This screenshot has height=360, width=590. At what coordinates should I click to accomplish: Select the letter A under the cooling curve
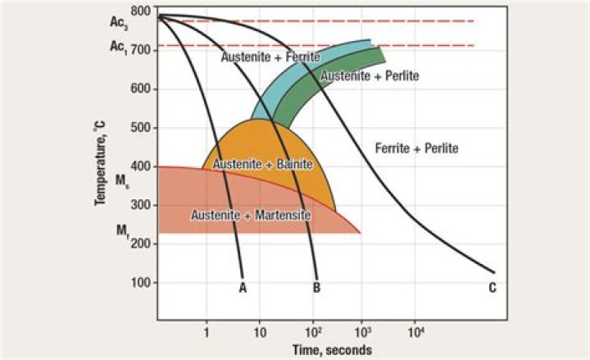pyautogui.click(x=243, y=287)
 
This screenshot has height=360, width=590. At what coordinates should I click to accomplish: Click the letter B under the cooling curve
pyautogui.click(x=316, y=287)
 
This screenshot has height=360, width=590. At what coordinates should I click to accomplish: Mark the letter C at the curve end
pyautogui.click(x=492, y=287)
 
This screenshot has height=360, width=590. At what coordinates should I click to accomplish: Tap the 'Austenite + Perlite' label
pyautogui.click(x=370, y=75)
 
